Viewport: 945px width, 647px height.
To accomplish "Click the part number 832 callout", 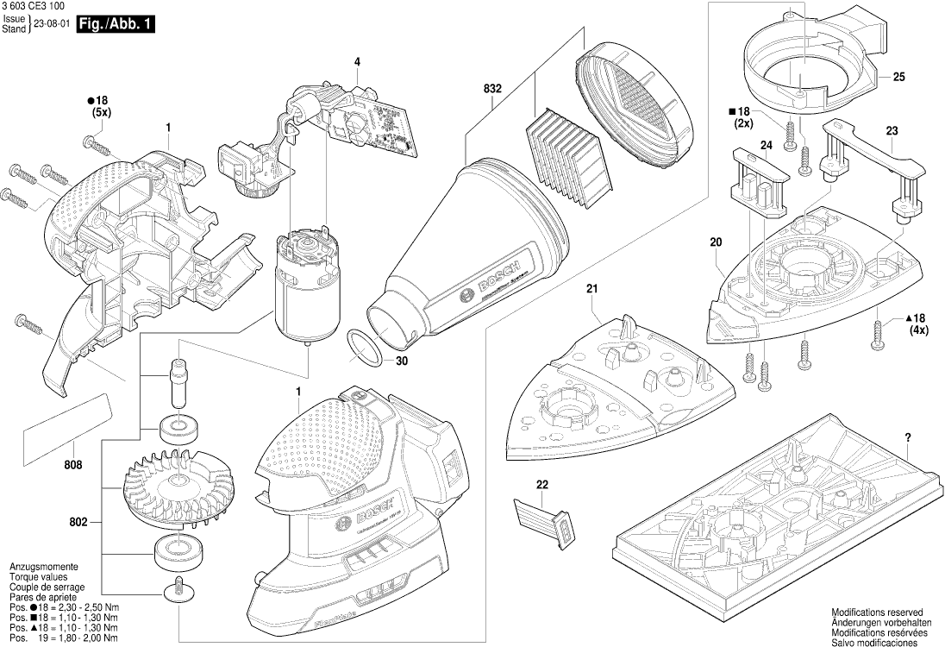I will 493,89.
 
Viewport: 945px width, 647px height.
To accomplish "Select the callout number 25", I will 898,78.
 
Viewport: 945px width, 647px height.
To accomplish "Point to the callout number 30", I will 402,361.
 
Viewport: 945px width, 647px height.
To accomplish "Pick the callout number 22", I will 541,485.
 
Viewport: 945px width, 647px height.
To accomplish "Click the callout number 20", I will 716,243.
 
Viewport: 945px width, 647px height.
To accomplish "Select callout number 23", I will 892,131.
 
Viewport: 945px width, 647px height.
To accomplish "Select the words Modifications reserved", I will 877,610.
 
